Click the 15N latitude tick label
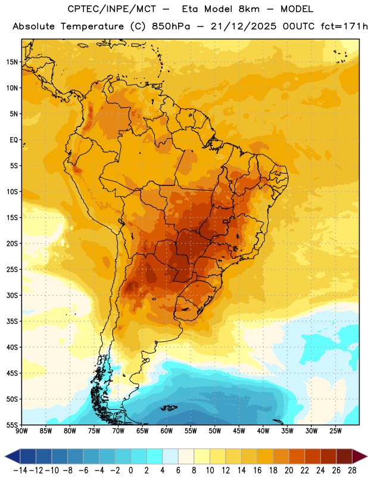pyautogui.click(x=12, y=62)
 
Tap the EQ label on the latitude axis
pyautogui.click(x=14, y=140)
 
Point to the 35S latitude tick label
pyautogui.click(x=12, y=321)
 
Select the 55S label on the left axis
pyautogui.click(x=12, y=425)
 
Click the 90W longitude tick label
pyautogui.click(x=22, y=430)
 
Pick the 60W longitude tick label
pyautogui.click(x=167, y=430)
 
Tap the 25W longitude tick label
pyautogui.click(x=335, y=430)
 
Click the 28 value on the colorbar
pyautogui.click(x=352, y=470)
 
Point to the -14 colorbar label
pyautogui.click(x=20, y=470)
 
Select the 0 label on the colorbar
pyautogui.click(x=130, y=470)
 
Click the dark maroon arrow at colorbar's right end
pyautogui.click(x=360, y=456)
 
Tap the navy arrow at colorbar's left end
pyautogui.click(x=13, y=456)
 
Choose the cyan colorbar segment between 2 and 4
pyautogui.click(x=155, y=456)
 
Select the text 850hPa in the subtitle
pyautogui.click(x=171, y=26)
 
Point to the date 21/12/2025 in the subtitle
pyautogui.click(x=244, y=26)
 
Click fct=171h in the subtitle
pyautogui.click(x=344, y=26)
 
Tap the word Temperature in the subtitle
pyautogui.click(x=92, y=26)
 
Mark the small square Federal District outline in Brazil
pyautogui.click(x=226, y=221)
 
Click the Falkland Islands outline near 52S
pyautogui.click(x=169, y=408)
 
